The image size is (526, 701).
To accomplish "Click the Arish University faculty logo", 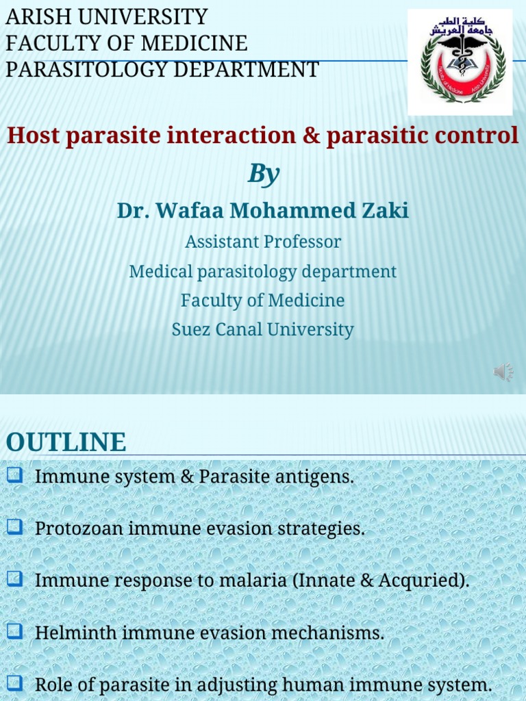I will (x=460, y=62).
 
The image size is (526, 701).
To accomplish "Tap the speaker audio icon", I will (x=503, y=372).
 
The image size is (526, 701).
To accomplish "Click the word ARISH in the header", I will (x=34, y=17).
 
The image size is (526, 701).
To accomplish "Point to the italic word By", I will (x=263, y=174).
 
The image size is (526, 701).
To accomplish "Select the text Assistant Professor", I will (x=263, y=242).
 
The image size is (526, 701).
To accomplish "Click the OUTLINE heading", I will (x=66, y=442).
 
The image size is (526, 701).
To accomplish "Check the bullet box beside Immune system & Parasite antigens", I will (x=15, y=474).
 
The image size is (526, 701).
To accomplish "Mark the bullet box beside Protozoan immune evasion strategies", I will (x=15, y=526).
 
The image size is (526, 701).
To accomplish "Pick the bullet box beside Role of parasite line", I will (x=15, y=683).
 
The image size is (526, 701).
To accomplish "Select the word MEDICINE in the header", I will (x=195, y=43).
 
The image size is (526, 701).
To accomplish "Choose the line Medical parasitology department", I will (x=263, y=271).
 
